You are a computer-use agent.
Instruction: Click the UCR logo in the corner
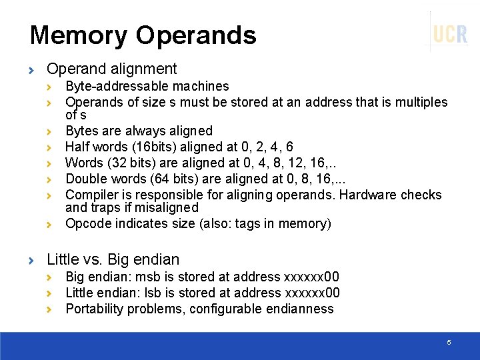click(x=450, y=33)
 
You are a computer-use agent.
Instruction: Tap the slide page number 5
click(x=449, y=342)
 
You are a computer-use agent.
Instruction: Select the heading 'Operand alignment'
click(x=111, y=69)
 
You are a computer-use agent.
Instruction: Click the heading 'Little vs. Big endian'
click(x=113, y=259)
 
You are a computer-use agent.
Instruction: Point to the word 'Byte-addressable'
click(x=113, y=86)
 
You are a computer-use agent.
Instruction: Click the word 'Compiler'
click(x=90, y=195)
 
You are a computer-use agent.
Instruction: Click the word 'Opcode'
click(x=88, y=223)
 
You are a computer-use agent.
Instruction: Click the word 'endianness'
click(x=301, y=309)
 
